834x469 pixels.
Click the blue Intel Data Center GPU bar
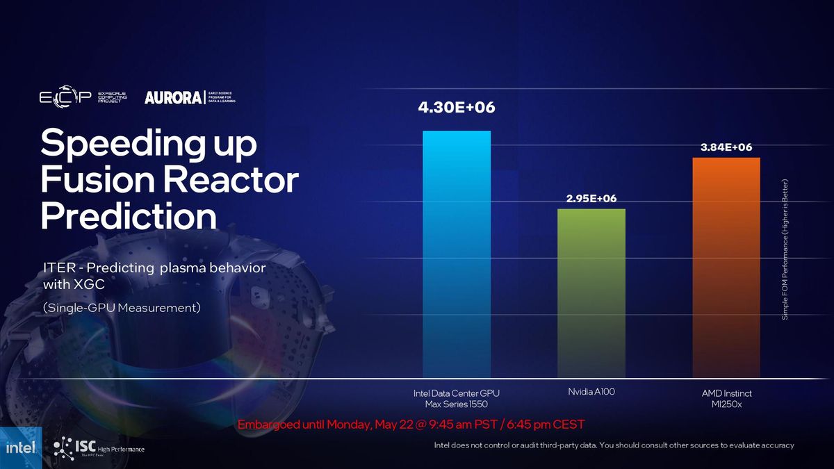457,254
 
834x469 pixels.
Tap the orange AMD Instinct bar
726,268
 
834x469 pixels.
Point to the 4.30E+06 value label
456,108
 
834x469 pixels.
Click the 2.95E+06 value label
591,199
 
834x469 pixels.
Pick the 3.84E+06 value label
726,147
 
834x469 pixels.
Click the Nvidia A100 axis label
591,392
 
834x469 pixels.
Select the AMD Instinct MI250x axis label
726,399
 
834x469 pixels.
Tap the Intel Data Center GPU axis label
457,398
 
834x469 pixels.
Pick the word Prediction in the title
129,216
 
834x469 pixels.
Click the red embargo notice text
411,424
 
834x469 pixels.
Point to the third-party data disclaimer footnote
614,445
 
